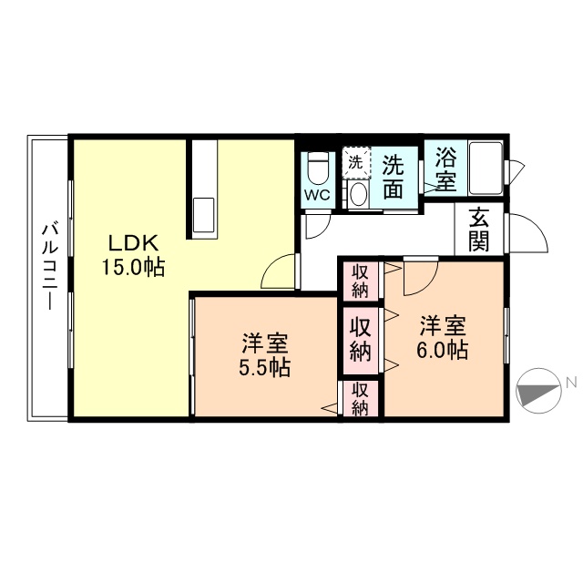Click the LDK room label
[134, 243]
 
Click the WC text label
[316, 195]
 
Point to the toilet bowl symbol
[317, 169]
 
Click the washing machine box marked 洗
[357, 162]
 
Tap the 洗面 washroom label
[393, 178]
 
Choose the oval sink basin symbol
[358, 194]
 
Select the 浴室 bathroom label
[445, 168]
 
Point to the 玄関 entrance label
[478, 229]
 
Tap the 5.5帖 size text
[265, 368]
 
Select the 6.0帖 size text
[444, 350]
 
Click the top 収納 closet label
[361, 281]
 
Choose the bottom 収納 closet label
[361, 399]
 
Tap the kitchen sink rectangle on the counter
[204, 215]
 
